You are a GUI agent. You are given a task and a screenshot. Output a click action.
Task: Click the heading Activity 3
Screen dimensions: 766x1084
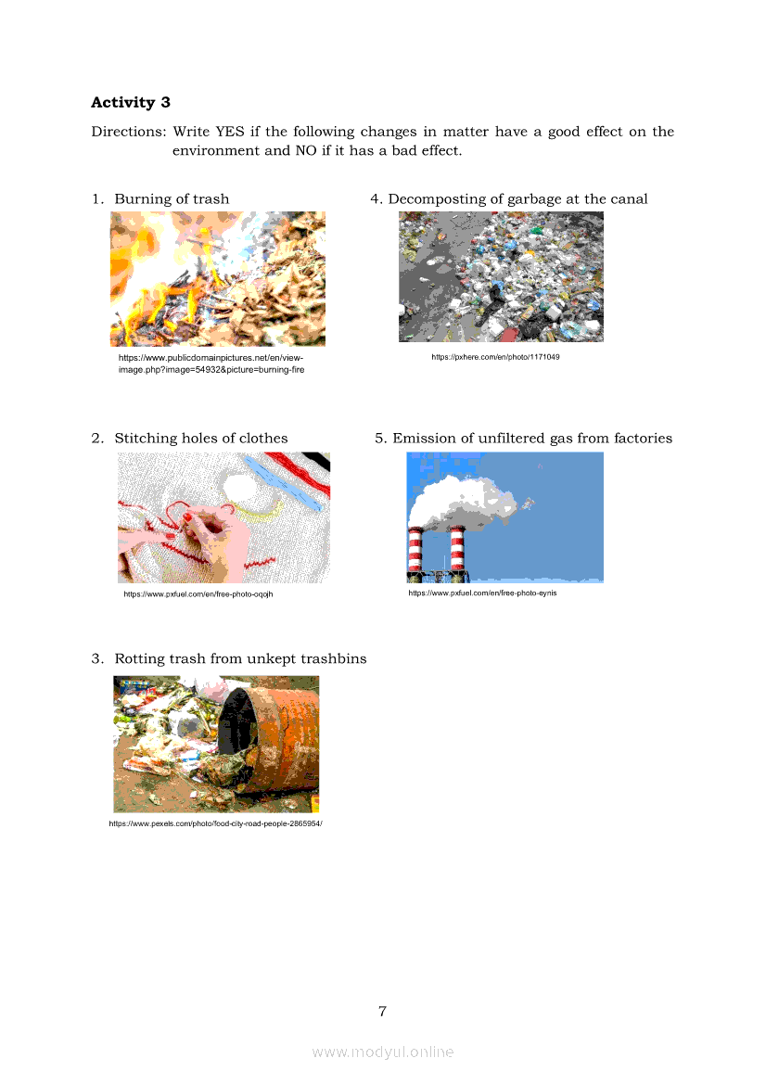point(131,102)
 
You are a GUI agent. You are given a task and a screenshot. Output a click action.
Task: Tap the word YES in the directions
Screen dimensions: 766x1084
point(230,132)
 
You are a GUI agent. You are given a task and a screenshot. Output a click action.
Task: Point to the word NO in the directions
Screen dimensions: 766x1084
point(306,151)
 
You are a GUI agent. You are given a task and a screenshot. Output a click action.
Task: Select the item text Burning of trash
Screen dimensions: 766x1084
point(172,199)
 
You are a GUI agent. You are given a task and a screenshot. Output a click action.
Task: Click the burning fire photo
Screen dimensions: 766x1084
point(218,278)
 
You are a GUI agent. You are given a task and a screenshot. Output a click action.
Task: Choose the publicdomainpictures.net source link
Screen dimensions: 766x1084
point(211,363)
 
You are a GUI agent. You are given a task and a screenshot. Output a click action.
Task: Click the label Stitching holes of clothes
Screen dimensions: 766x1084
point(201,439)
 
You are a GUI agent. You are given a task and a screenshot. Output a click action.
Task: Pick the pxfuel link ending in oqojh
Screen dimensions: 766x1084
point(198,593)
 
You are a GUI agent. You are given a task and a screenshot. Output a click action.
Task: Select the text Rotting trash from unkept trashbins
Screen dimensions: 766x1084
point(240,658)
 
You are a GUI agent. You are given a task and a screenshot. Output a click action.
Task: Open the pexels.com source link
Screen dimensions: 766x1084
point(216,823)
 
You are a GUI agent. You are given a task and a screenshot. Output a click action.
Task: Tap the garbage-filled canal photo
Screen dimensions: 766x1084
point(501,276)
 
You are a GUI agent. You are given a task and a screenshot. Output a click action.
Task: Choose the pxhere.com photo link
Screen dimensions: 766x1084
point(496,357)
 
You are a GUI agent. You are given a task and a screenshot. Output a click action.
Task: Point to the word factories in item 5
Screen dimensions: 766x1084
point(643,439)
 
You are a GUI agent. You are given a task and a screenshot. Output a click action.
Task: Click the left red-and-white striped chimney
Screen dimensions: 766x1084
point(415,551)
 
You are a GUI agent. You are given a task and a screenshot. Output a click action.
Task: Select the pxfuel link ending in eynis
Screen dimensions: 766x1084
point(482,593)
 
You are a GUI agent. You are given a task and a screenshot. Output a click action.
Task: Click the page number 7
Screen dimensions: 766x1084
point(382,1012)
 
